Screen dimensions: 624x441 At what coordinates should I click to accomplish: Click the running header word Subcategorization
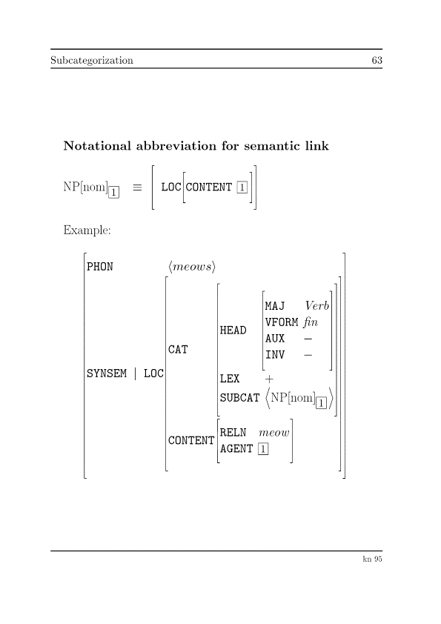pyautogui.click(x=92, y=60)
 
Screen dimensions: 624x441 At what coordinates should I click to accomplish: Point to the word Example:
pyautogui.click(x=87, y=230)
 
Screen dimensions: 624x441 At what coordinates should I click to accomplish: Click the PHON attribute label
pyautogui.click(x=100, y=267)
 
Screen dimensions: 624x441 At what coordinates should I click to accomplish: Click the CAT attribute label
pyautogui.click(x=179, y=350)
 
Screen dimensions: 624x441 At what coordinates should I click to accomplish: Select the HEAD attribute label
pyautogui.click(x=233, y=331)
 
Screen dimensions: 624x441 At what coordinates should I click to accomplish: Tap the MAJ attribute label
pyautogui.click(x=275, y=306)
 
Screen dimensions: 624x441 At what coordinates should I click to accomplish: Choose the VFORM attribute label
pyautogui.click(x=282, y=322)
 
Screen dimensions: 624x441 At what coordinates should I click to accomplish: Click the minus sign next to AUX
pyautogui.click(x=308, y=339)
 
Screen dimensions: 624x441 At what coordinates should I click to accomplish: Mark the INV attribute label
pyautogui.click(x=275, y=355)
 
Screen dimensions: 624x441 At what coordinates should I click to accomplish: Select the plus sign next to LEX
pyautogui.click(x=269, y=379)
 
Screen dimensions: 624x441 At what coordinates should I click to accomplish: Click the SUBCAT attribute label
pyautogui.click(x=239, y=398)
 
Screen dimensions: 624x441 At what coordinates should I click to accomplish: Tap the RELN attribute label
pyautogui.click(x=233, y=432)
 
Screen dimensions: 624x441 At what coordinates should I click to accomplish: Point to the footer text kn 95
pyautogui.click(x=371, y=560)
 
